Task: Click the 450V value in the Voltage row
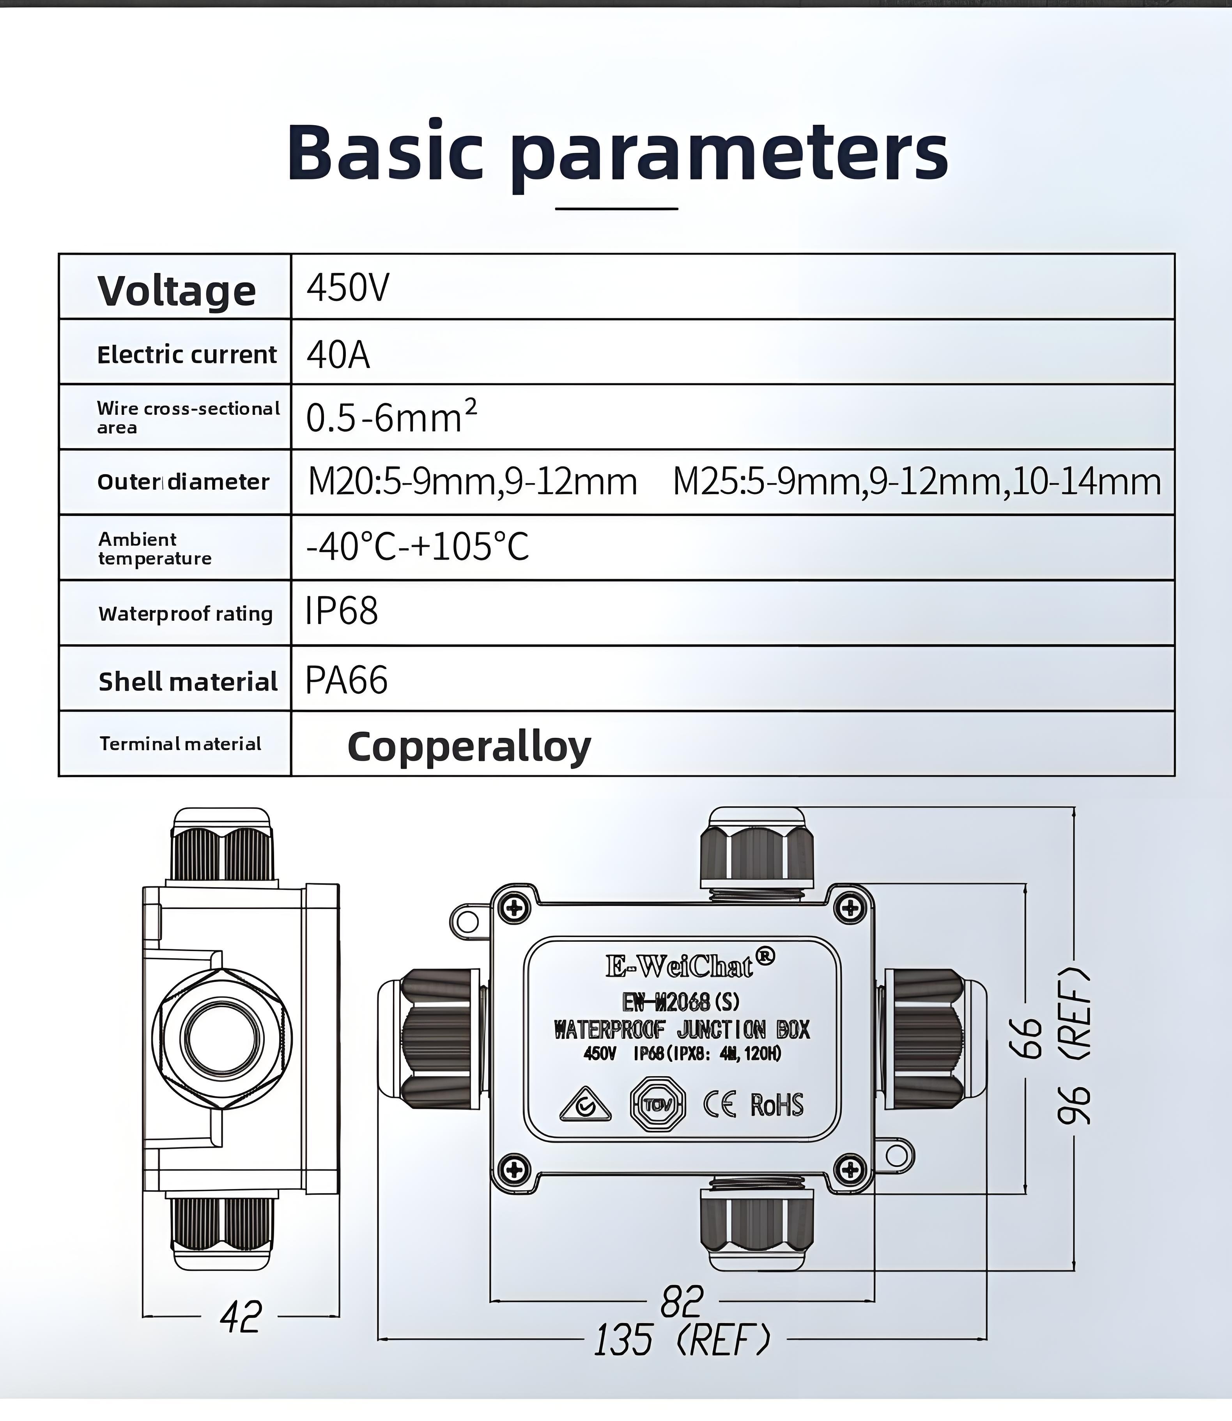coord(347,288)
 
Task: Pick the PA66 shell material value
coord(346,680)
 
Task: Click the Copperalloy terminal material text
coord(469,746)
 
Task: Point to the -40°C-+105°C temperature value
coord(417,547)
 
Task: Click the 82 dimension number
coord(682,1301)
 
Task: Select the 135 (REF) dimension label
coord(682,1339)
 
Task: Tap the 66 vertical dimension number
coord(1026,1038)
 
